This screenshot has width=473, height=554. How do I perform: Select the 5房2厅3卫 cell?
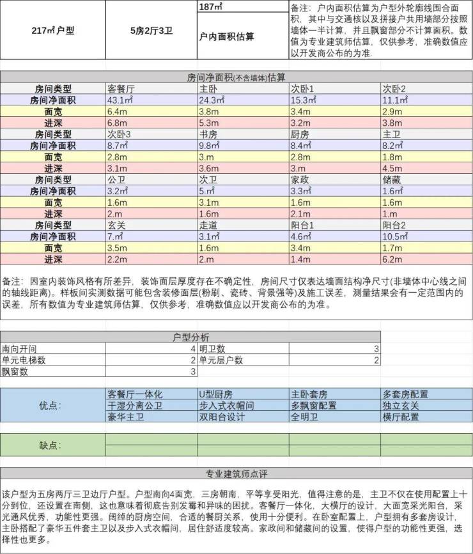151,30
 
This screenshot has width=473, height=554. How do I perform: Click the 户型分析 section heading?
190,337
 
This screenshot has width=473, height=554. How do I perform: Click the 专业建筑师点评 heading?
236,473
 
